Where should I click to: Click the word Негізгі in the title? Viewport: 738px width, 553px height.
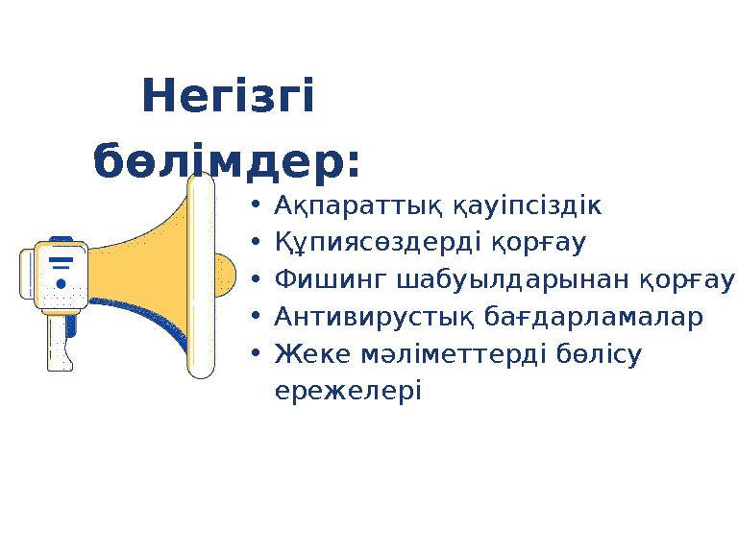228,99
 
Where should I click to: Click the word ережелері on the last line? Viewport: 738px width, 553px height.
347,391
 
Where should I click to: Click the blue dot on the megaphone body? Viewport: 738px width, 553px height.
61,284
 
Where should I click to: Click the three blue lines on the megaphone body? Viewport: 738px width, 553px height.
61,263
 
